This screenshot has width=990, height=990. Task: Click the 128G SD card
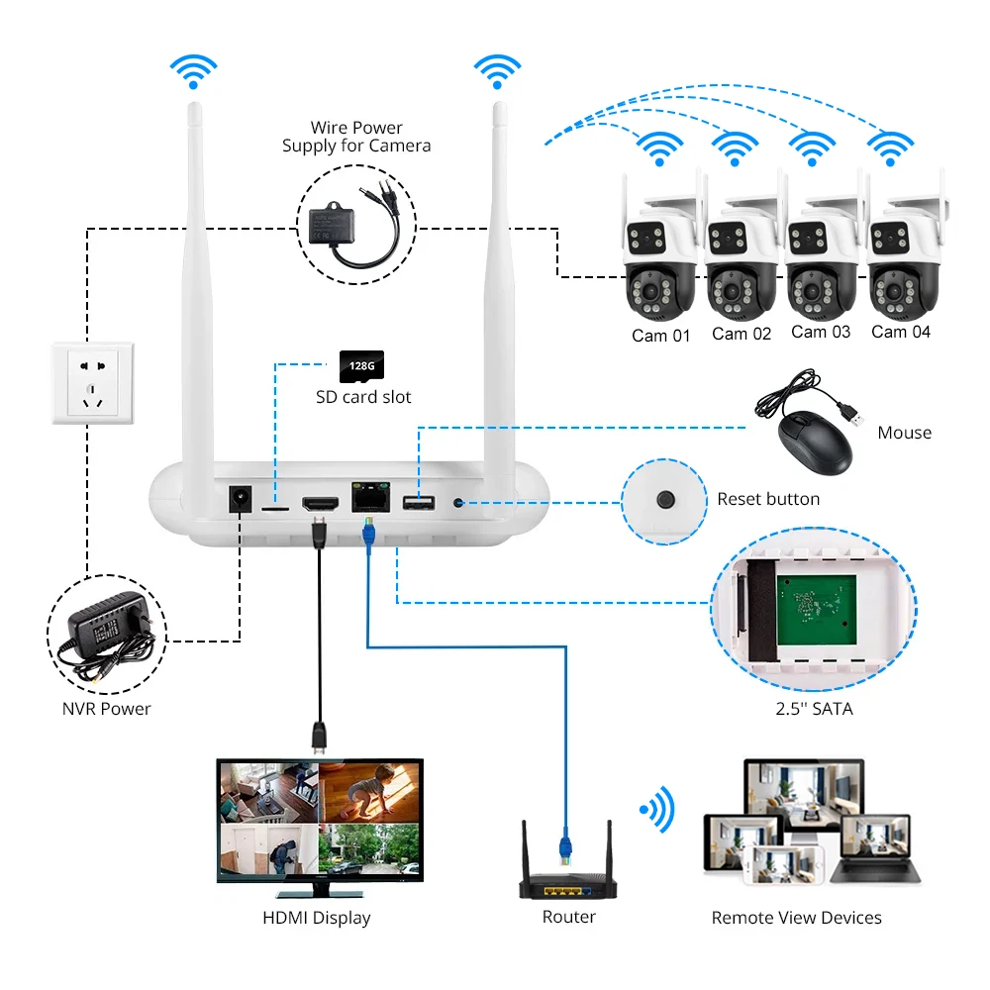(x=361, y=366)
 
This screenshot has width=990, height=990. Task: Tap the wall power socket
(x=93, y=382)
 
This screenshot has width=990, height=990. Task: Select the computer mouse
(x=815, y=442)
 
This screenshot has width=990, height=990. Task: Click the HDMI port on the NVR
(x=320, y=504)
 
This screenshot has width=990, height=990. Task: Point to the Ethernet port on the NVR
(x=370, y=497)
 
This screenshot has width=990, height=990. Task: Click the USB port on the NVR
(x=419, y=503)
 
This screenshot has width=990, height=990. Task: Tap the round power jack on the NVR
(x=240, y=498)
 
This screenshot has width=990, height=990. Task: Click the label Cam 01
(x=661, y=336)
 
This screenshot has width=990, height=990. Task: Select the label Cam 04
(x=901, y=332)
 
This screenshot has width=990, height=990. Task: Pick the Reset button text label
(x=768, y=499)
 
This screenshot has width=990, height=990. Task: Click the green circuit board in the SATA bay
(x=817, y=610)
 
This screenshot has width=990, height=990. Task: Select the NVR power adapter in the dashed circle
(x=107, y=635)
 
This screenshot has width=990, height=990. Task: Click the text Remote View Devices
(x=796, y=918)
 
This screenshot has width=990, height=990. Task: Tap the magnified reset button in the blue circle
(x=665, y=500)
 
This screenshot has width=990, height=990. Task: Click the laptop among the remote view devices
(x=877, y=849)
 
